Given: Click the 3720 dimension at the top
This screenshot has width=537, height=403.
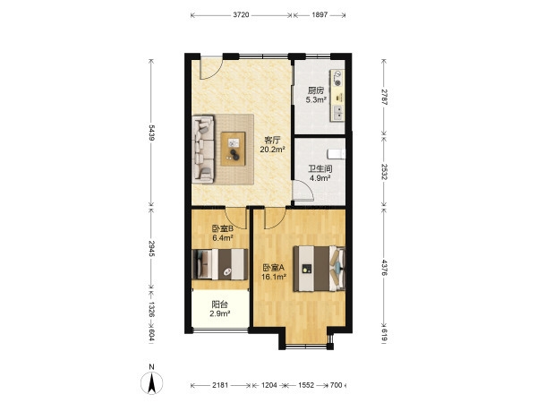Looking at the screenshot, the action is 241,15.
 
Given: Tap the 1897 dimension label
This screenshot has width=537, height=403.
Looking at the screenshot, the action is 320,15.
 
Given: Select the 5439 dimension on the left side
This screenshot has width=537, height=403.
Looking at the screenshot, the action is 152,133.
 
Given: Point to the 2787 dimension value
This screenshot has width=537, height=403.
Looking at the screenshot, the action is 384,97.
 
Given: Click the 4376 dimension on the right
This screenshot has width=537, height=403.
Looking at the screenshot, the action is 384,268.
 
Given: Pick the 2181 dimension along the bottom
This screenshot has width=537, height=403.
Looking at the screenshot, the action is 220,385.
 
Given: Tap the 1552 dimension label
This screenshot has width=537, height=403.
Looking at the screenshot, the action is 306,385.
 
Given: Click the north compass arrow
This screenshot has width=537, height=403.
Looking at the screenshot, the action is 152,382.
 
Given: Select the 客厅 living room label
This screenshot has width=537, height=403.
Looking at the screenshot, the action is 272,141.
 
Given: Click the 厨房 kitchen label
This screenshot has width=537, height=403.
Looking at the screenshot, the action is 315,90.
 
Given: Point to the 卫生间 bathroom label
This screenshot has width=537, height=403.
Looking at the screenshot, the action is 320,169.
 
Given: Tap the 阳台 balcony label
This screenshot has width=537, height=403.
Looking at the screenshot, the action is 219,304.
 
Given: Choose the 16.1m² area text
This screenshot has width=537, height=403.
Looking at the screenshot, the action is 274,277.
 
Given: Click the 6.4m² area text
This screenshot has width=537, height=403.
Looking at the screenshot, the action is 223,237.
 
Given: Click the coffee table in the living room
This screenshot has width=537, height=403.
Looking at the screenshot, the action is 233,149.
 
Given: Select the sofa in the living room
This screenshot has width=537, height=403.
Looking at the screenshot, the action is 203,149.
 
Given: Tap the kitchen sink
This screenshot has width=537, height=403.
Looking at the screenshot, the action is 337,113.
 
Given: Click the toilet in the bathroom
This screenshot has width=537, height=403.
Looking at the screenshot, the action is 336,154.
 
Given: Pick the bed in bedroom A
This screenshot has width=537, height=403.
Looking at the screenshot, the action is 320,269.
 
